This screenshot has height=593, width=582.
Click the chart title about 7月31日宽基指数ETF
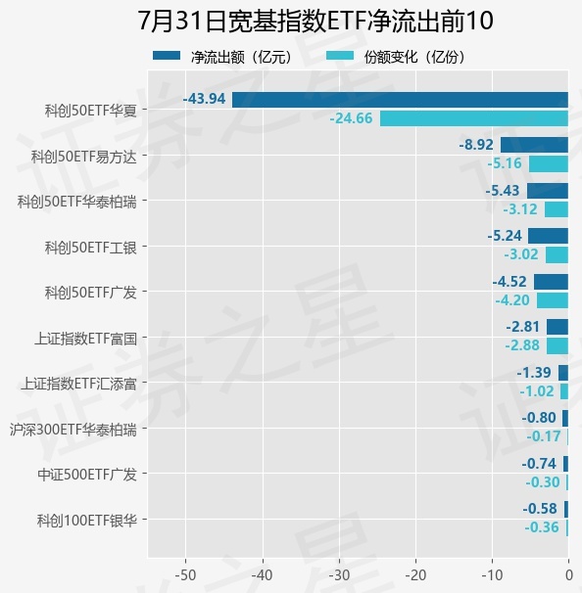pyautogui.click(x=315, y=21)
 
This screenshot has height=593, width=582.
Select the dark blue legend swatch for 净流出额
pyautogui.click(x=167, y=56)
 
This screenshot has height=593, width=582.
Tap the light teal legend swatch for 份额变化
pyautogui.click(x=340, y=56)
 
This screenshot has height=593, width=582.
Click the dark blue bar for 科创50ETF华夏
pyautogui.click(x=400, y=100)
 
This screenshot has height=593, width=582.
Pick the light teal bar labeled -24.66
pyautogui.click(x=474, y=118)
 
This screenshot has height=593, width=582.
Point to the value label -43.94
pyautogui.click(x=204, y=99)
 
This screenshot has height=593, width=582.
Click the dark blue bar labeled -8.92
pyautogui.click(x=534, y=145)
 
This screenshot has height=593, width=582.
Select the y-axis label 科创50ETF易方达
pyautogui.click(x=83, y=157)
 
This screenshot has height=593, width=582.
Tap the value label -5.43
pyautogui.click(x=503, y=191)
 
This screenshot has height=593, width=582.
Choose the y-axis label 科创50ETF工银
pyautogui.click(x=91, y=248)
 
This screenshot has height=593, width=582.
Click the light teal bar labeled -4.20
pyautogui.click(x=553, y=300)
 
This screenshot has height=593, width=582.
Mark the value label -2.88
pyautogui.click(x=522, y=345)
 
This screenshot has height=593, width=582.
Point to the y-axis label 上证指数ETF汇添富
pyautogui.click(x=78, y=384)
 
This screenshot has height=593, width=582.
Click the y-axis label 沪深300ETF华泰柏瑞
pyautogui.click(x=73, y=430)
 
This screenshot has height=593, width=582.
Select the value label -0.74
pyautogui.click(x=539, y=464)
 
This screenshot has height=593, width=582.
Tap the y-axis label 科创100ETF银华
pyautogui.click(x=87, y=521)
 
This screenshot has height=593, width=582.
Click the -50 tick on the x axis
pyautogui.click(x=185, y=575)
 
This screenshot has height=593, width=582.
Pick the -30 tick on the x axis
pyautogui.click(x=339, y=575)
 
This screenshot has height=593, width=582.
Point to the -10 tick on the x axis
pyautogui.click(x=492, y=575)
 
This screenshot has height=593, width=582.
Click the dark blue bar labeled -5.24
pyautogui.click(x=549, y=236)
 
